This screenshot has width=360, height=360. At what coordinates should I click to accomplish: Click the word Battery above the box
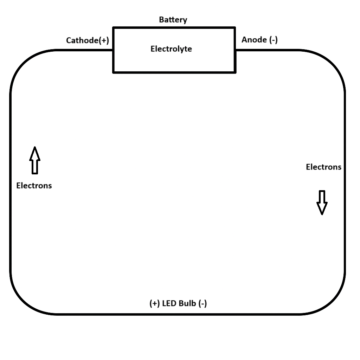173,20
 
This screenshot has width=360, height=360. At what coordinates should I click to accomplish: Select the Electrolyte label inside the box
171,49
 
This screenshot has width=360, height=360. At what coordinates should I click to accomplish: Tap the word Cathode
82,40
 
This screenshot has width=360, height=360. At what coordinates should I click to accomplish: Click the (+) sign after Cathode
104,40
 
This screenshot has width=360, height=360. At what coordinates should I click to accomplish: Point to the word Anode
254,40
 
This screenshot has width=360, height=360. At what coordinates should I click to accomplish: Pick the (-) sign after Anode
274,40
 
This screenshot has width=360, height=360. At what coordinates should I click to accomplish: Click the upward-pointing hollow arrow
34,160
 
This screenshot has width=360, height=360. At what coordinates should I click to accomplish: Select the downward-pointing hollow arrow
322,202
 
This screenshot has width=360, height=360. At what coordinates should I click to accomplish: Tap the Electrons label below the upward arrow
34,185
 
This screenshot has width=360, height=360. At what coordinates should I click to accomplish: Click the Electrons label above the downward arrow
323,167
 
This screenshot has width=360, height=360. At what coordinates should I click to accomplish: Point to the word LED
169,303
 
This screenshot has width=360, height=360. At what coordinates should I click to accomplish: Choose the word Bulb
188,303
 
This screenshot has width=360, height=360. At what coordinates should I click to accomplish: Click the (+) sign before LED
155,303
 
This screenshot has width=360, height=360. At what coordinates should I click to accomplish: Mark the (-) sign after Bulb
203,303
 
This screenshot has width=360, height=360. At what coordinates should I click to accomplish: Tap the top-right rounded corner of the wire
331,63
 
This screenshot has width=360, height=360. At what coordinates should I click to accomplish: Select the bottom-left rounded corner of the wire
24,301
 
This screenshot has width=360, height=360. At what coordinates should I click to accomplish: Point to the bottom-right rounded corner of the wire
331,301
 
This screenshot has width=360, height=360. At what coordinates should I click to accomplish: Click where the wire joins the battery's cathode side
113,50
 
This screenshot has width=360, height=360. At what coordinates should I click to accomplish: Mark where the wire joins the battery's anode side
235,50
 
